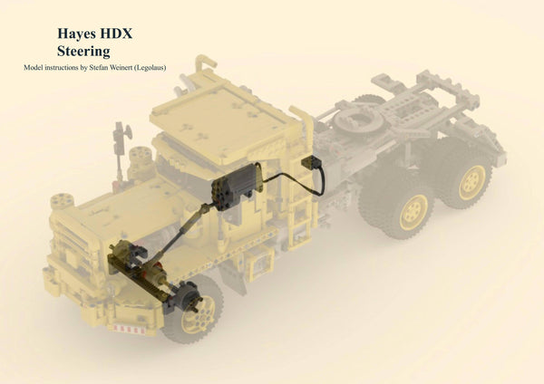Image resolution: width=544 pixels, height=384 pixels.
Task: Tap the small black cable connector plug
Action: [317, 167]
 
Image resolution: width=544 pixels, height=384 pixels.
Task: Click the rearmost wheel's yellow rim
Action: [472, 182]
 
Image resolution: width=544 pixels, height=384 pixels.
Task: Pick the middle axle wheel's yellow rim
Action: [414, 212]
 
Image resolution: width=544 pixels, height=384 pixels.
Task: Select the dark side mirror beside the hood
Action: [119, 140]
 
